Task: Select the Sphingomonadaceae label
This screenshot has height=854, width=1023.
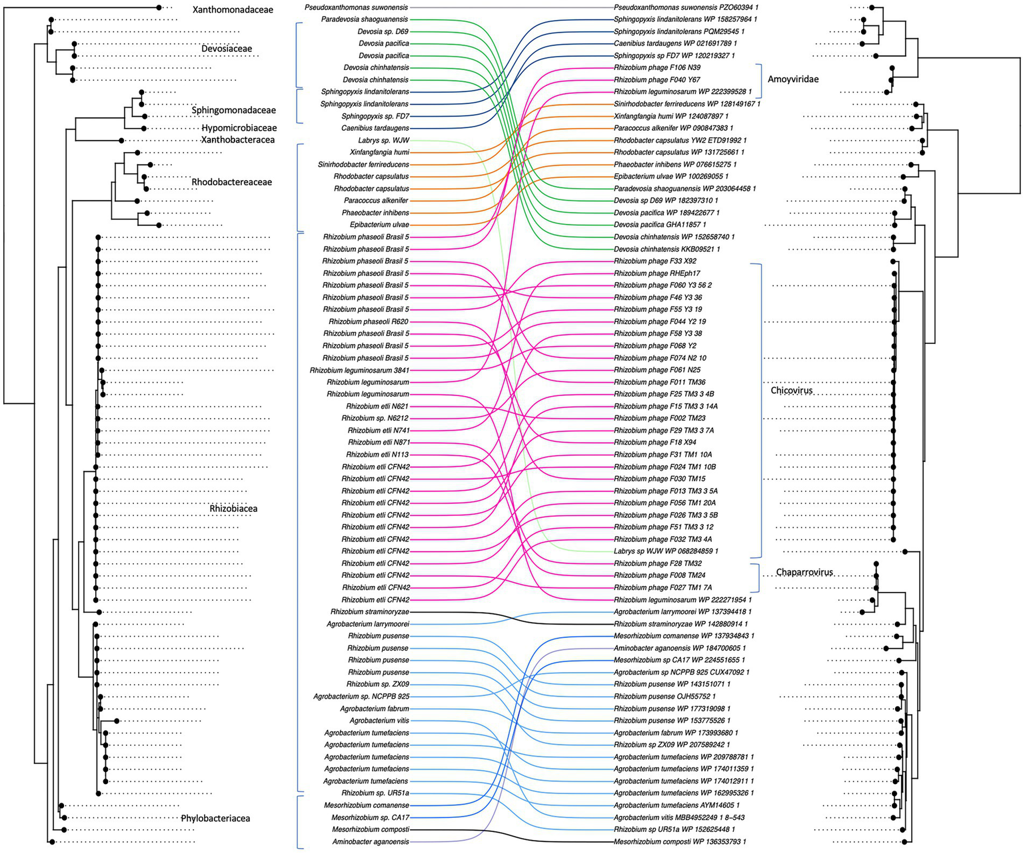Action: click(233, 110)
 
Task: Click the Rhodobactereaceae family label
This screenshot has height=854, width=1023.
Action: click(232, 182)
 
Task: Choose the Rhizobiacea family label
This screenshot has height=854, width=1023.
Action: click(233, 509)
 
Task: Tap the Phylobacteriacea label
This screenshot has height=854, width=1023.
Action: click(215, 818)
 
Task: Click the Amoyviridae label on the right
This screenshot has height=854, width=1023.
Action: click(793, 79)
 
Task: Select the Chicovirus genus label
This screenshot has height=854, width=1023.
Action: click(792, 390)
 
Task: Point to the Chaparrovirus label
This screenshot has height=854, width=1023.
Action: click(804, 572)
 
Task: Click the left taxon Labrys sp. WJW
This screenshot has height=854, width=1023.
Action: click(383, 141)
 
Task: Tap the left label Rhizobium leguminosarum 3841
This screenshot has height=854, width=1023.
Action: click(359, 370)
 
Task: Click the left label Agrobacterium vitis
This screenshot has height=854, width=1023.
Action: click(379, 721)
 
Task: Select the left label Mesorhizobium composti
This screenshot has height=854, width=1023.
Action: click(371, 829)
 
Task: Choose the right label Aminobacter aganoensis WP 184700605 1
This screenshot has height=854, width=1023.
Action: click(679, 648)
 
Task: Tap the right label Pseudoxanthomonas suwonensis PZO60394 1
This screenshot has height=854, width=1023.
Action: click(686, 7)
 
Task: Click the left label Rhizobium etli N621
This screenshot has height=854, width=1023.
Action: click(377, 406)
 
